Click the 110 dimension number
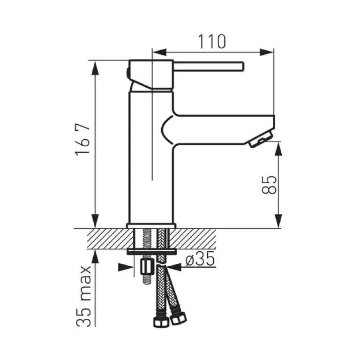tap(212, 42)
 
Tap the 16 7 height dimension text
tap(82, 140)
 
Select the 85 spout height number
tap(269, 185)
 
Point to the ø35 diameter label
tap(200, 259)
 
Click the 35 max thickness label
tap(84, 296)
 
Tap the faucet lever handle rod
tap(208, 66)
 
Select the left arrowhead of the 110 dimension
tap(159, 52)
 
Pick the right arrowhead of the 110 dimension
tap(267, 52)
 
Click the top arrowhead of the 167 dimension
tap(95, 68)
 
